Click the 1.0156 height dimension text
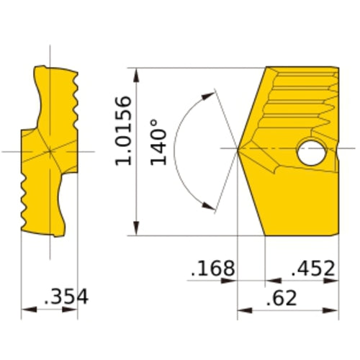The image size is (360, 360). point(124,130)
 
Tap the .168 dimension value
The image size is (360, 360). point(213,269)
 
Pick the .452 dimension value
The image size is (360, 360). point(312,269)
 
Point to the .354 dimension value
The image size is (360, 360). point(66,297)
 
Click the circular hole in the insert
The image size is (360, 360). point(311,153)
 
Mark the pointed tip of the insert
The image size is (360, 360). point(239,149)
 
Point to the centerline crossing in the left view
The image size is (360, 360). point(50,151)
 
